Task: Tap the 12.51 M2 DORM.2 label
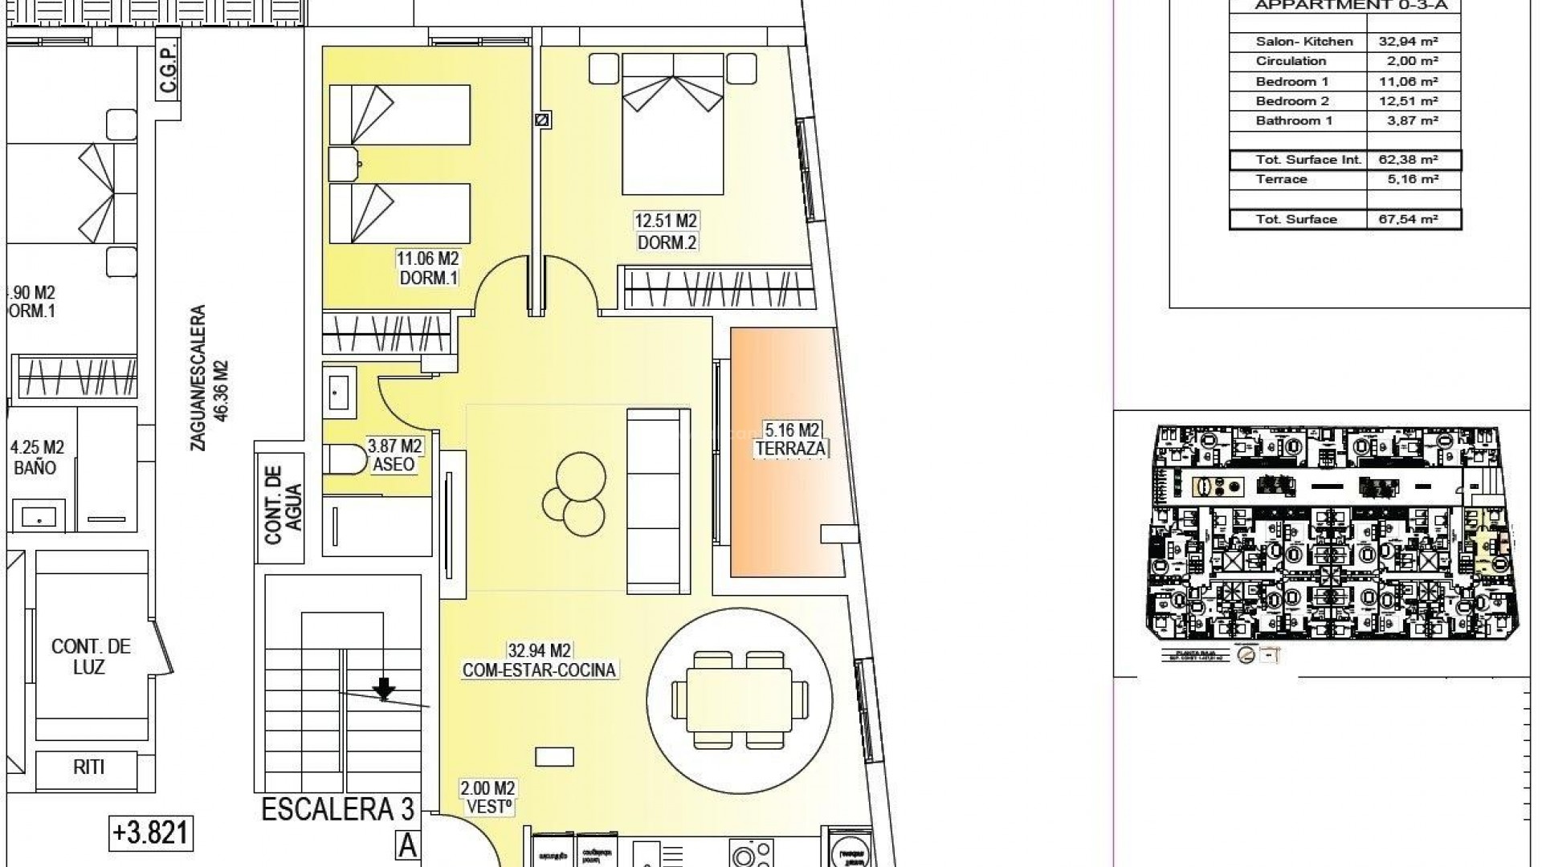coord(666,231)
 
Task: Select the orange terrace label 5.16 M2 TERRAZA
coord(790,439)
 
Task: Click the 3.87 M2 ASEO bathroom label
coord(394,455)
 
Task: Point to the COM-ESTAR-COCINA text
coord(539,670)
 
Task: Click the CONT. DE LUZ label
coord(91,657)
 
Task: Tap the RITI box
coord(89,767)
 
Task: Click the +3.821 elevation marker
coord(151,832)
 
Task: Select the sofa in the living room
coord(657,498)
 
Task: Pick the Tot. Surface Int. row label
coord(1297,160)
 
